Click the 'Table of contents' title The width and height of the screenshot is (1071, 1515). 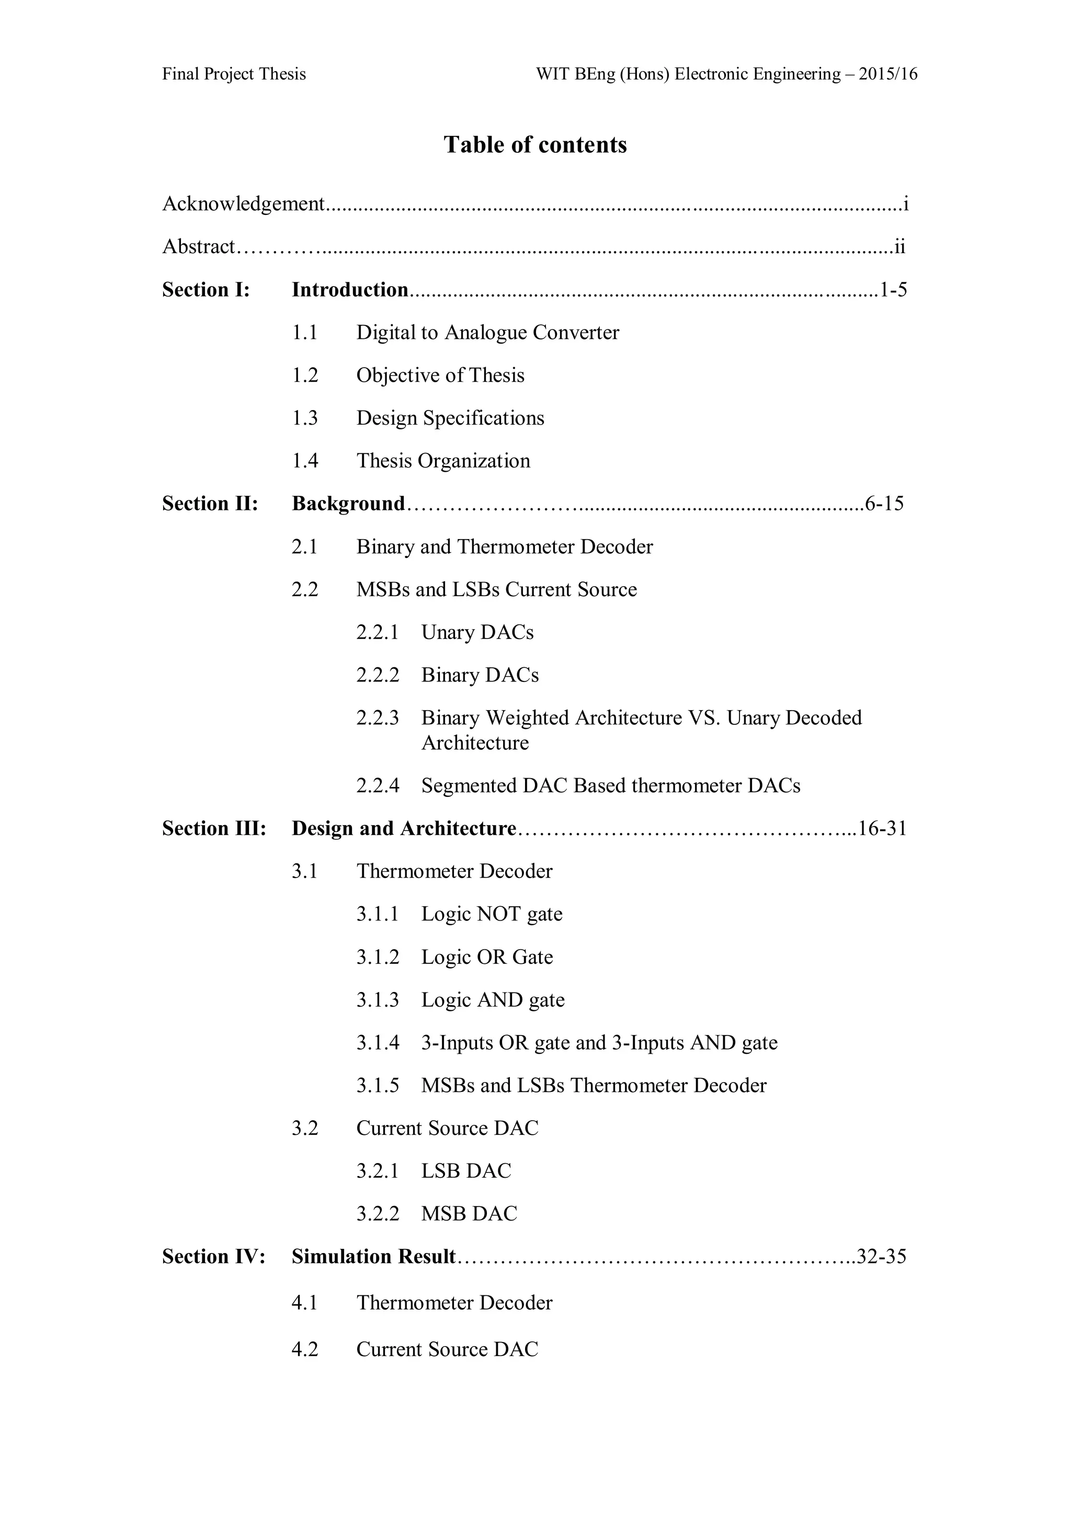click(x=535, y=144)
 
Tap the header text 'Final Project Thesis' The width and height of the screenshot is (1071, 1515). click(x=234, y=74)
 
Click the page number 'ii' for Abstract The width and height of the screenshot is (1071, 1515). click(x=899, y=247)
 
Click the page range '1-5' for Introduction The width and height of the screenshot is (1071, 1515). click(x=894, y=290)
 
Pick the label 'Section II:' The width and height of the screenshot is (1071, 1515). click(x=210, y=504)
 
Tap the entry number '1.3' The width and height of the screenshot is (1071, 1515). click(x=305, y=418)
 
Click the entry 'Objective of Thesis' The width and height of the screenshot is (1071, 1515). click(x=440, y=375)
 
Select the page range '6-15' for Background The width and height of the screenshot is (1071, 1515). click(x=884, y=504)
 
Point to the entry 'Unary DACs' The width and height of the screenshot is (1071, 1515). click(x=477, y=632)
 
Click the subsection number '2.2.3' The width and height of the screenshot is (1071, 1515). click(x=378, y=718)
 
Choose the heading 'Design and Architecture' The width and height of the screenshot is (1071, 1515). click(x=403, y=828)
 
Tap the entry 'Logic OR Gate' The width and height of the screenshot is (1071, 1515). click(x=487, y=957)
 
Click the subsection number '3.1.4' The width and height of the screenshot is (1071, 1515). click(x=378, y=1043)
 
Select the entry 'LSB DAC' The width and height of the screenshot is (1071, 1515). click(x=466, y=1171)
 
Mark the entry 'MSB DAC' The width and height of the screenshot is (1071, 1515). click(x=469, y=1214)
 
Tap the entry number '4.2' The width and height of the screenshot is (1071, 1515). click(x=305, y=1349)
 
